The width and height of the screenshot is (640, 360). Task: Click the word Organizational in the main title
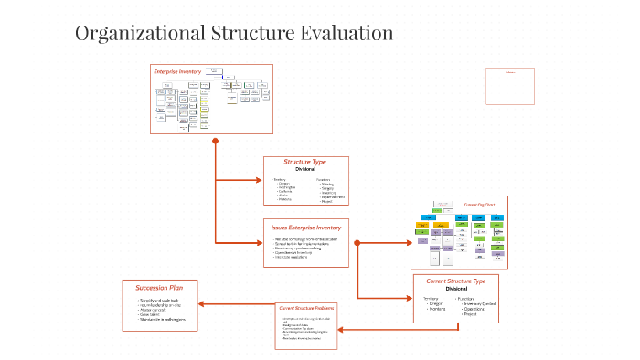(x=137, y=34)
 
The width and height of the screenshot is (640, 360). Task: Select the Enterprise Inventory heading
(x=177, y=71)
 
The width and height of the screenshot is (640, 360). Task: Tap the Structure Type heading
(x=304, y=162)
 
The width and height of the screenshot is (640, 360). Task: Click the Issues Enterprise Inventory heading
(x=304, y=227)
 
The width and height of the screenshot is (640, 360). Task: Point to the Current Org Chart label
(x=479, y=205)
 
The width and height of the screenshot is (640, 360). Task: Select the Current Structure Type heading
(x=462, y=281)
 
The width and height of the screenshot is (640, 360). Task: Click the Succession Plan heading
(x=160, y=288)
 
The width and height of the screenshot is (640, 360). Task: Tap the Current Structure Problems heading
(x=305, y=309)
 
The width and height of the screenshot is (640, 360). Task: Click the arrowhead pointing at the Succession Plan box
(x=203, y=304)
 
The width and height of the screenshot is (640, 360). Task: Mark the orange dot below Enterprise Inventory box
(x=215, y=141)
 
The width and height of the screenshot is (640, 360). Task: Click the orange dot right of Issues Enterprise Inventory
(x=357, y=243)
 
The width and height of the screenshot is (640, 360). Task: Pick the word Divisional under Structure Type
(x=304, y=170)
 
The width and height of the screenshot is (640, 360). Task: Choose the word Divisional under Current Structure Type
(x=462, y=289)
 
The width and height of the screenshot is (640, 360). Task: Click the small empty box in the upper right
(x=509, y=86)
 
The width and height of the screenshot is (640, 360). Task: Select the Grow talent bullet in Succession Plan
(x=152, y=312)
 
